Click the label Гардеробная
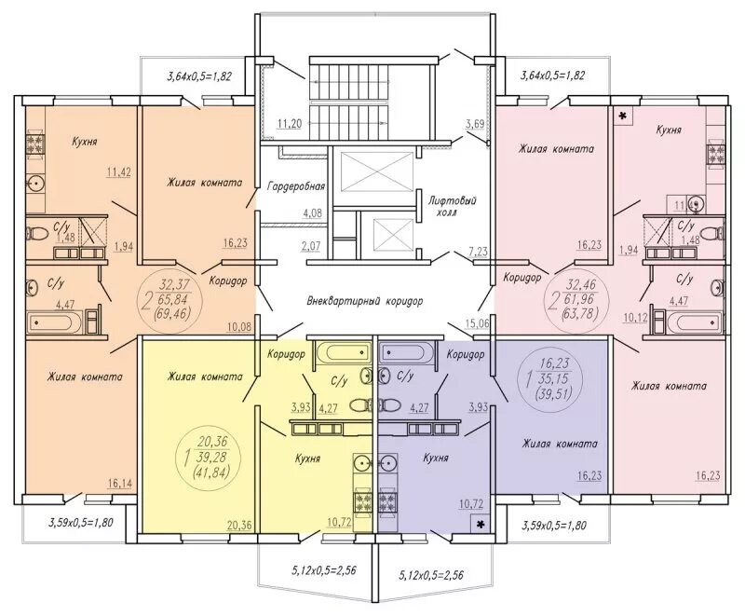[x=296, y=185]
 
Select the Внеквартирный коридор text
[x=365, y=301]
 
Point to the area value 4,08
[x=312, y=212]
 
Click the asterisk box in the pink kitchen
[x=623, y=116]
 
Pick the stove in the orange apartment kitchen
[x=35, y=144]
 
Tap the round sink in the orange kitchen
[x=35, y=182]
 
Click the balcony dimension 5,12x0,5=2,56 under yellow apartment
[x=324, y=570]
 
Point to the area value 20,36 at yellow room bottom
[x=239, y=525]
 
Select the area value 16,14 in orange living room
[x=120, y=484]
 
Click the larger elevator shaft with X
[x=377, y=172]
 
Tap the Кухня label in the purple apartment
[x=436, y=459]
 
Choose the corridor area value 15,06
[x=478, y=323]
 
